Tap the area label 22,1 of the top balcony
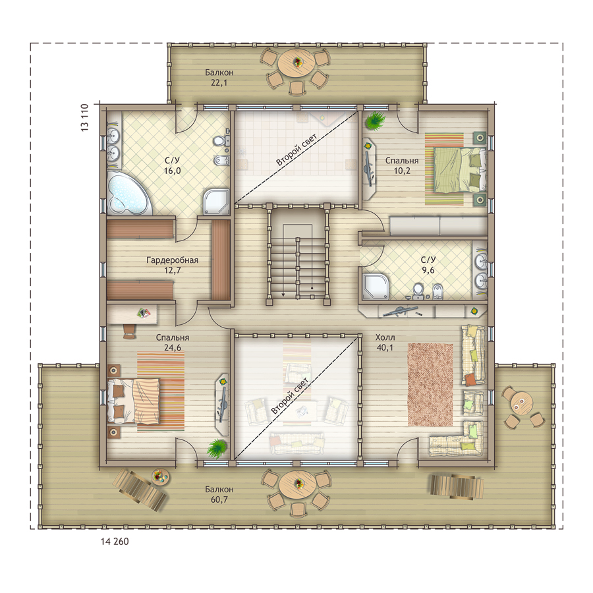[219, 82]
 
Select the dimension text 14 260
[115, 542]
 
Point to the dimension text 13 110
[85, 117]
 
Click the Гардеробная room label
[172, 260]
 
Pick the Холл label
[385, 337]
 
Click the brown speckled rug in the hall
[430, 385]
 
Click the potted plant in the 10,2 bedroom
[375, 121]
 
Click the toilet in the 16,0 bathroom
[221, 141]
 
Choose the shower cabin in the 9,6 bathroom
[374, 286]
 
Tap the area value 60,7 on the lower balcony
[219, 499]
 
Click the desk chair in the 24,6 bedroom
[128, 331]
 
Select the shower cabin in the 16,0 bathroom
[216, 202]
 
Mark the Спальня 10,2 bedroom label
[402, 165]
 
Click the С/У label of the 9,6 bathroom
[428, 260]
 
